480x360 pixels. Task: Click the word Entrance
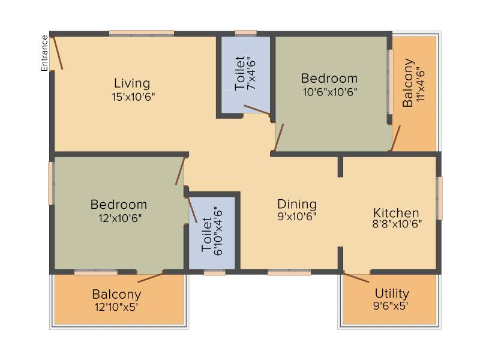click(x=44, y=53)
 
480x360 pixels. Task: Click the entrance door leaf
click(x=58, y=53)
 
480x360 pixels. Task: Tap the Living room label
click(x=132, y=83)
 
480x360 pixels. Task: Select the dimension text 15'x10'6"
click(x=133, y=97)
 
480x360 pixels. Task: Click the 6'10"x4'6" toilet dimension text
click(x=218, y=232)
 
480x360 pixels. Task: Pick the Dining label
click(x=297, y=204)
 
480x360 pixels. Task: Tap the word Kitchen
click(x=396, y=213)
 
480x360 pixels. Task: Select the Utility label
click(x=392, y=293)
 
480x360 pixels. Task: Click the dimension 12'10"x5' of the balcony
click(x=116, y=307)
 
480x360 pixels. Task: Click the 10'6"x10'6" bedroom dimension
click(x=330, y=92)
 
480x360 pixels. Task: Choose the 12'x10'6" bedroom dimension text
click(x=120, y=218)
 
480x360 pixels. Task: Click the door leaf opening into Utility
click(x=356, y=277)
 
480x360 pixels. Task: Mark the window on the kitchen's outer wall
click(x=439, y=199)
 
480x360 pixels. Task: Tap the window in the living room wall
click(x=142, y=33)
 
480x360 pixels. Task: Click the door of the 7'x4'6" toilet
click(x=257, y=110)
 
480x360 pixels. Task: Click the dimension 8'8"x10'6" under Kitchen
click(x=397, y=224)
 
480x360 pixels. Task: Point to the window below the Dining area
click(x=289, y=272)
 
